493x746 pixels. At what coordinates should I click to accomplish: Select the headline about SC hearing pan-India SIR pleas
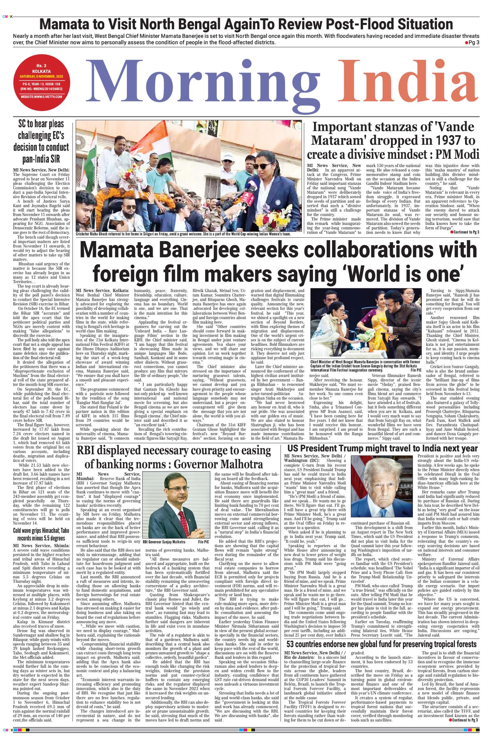click(41, 142)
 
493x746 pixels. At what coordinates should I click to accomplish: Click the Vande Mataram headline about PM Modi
click(393, 141)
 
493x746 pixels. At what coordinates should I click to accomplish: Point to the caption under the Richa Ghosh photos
click(184, 234)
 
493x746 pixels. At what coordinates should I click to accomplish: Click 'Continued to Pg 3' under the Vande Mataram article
click(465, 232)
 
